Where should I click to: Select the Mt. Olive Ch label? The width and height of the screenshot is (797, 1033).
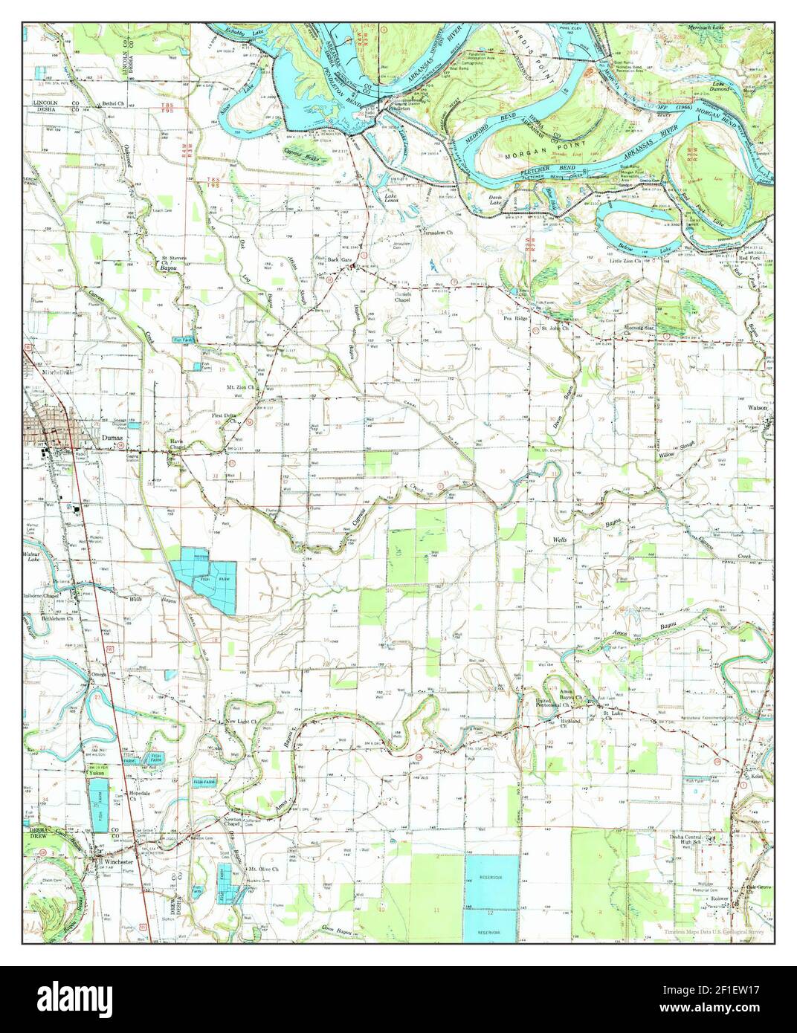pyautogui.click(x=263, y=868)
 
